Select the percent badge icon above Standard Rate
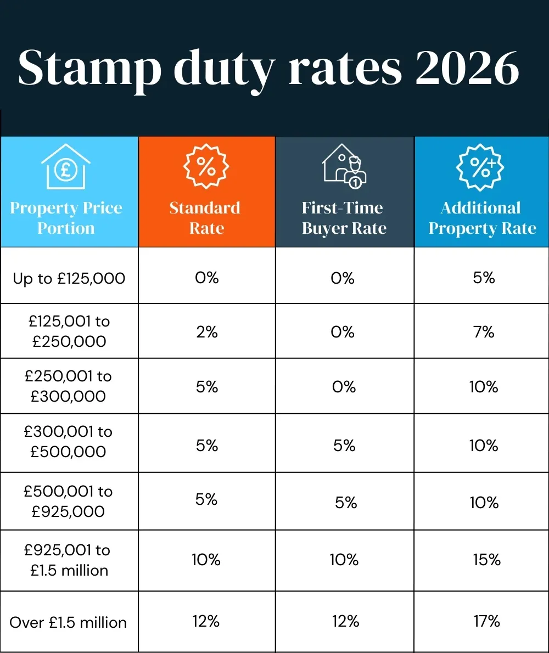click(206, 166)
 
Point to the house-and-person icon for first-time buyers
click(344, 166)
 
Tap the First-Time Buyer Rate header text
click(344, 218)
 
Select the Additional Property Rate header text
click(481, 218)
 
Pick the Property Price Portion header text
click(66, 218)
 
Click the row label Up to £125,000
click(69, 278)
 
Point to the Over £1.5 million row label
click(68, 622)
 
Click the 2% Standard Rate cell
click(206, 332)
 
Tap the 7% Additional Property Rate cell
click(484, 332)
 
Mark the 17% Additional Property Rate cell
click(486, 621)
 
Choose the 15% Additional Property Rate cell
click(486, 560)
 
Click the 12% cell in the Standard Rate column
click(206, 621)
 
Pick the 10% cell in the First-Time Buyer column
click(344, 560)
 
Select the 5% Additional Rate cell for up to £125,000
click(484, 278)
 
